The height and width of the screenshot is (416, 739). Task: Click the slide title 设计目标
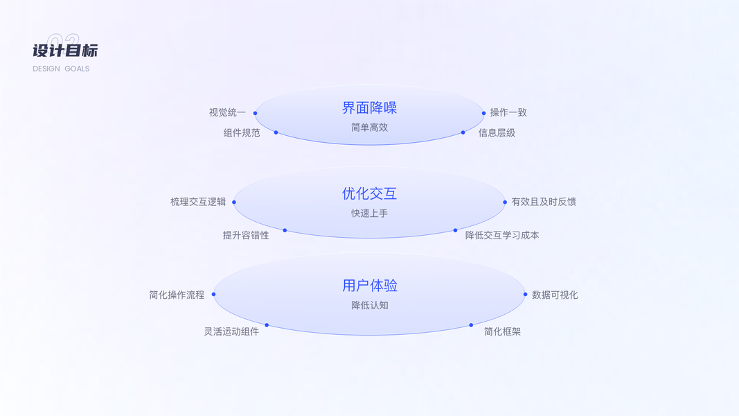click(x=65, y=51)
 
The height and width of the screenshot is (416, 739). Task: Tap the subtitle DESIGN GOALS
click(x=61, y=69)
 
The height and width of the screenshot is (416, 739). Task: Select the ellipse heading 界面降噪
click(x=369, y=107)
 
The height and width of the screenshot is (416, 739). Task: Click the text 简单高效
click(x=369, y=128)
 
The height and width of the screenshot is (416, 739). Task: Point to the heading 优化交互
click(x=369, y=193)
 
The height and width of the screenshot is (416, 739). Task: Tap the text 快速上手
click(x=369, y=214)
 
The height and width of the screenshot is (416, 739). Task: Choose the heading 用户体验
click(x=369, y=285)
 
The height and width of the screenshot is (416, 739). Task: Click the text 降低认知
click(x=369, y=305)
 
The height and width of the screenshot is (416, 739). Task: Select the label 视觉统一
click(x=227, y=112)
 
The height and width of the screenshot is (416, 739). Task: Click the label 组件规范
click(x=242, y=132)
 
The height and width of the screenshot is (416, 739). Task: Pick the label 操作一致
click(x=508, y=112)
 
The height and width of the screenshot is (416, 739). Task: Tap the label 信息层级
click(x=497, y=132)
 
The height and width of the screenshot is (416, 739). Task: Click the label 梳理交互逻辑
click(x=198, y=202)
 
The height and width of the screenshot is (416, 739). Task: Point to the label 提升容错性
click(x=246, y=235)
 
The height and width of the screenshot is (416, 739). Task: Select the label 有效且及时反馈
click(x=544, y=202)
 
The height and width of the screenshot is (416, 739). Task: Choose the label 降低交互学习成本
click(x=502, y=235)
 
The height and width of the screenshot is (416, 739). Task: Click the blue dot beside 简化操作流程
click(x=213, y=295)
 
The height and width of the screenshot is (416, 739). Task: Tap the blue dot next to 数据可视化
click(x=525, y=295)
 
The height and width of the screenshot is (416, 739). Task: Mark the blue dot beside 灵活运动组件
click(x=267, y=325)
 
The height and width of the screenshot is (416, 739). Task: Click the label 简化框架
click(x=502, y=331)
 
